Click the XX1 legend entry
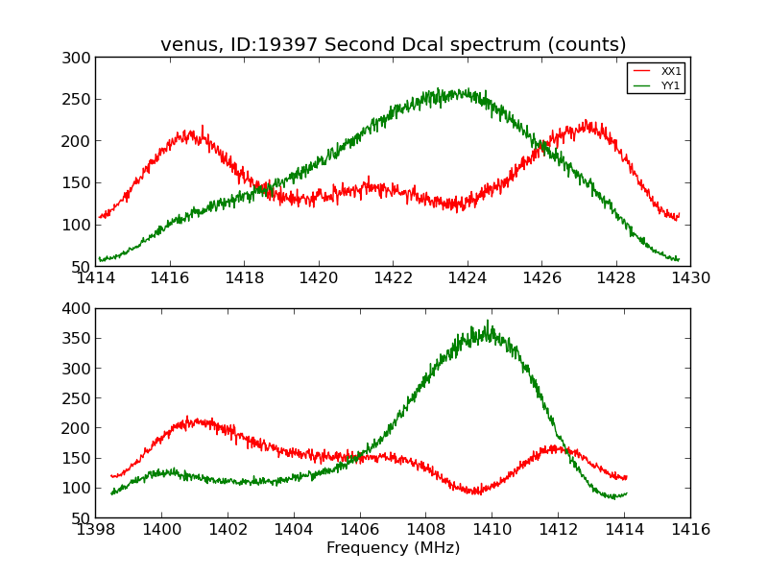[x=670, y=71]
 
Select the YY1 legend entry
[x=670, y=85]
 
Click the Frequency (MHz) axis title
[x=393, y=548]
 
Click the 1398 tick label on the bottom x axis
[x=95, y=529]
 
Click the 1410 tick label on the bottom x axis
[x=492, y=529]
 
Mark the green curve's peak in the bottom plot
[x=489, y=323]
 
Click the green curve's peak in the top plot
[x=439, y=89]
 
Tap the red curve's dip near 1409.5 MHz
[x=478, y=492]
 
